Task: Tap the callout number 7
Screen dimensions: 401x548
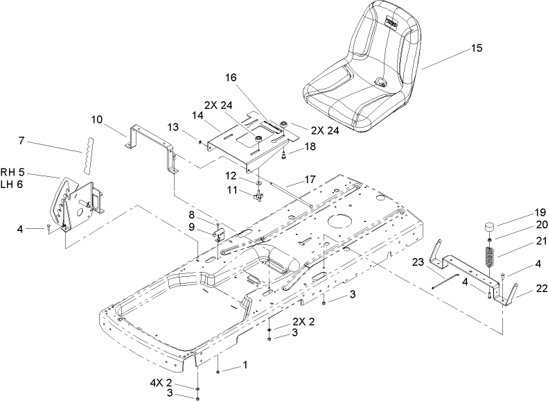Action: click(21, 141)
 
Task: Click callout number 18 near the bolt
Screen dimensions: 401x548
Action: click(310, 146)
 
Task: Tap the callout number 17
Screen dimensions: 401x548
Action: click(310, 179)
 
